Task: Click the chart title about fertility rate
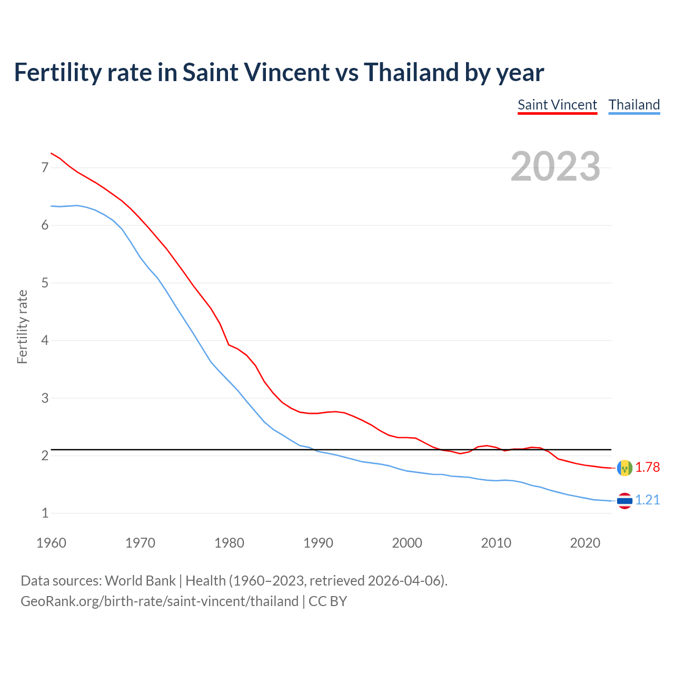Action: coord(279,72)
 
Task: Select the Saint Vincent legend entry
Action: coord(557,105)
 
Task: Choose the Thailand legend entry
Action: coord(634,105)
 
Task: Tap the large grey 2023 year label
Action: coord(555,166)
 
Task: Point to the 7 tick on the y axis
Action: coord(45,168)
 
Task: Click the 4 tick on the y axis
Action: coord(45,341)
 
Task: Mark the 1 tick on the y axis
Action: coord(45,513)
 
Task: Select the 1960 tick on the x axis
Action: coord(51,543)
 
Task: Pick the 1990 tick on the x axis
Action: coord(318,543)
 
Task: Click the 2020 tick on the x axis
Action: coord(585,543)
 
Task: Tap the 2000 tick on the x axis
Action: coord(407,543)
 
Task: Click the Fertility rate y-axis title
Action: coord(22,326)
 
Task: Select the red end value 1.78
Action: coord(647,468)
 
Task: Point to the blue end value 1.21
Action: coord(647,500)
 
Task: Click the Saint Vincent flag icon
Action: coord(625,468)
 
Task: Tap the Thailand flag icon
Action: coord(625,501)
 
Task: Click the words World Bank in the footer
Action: coord(140,581)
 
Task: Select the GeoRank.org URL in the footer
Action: coord(160,601)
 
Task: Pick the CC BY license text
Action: coord(328,601)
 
